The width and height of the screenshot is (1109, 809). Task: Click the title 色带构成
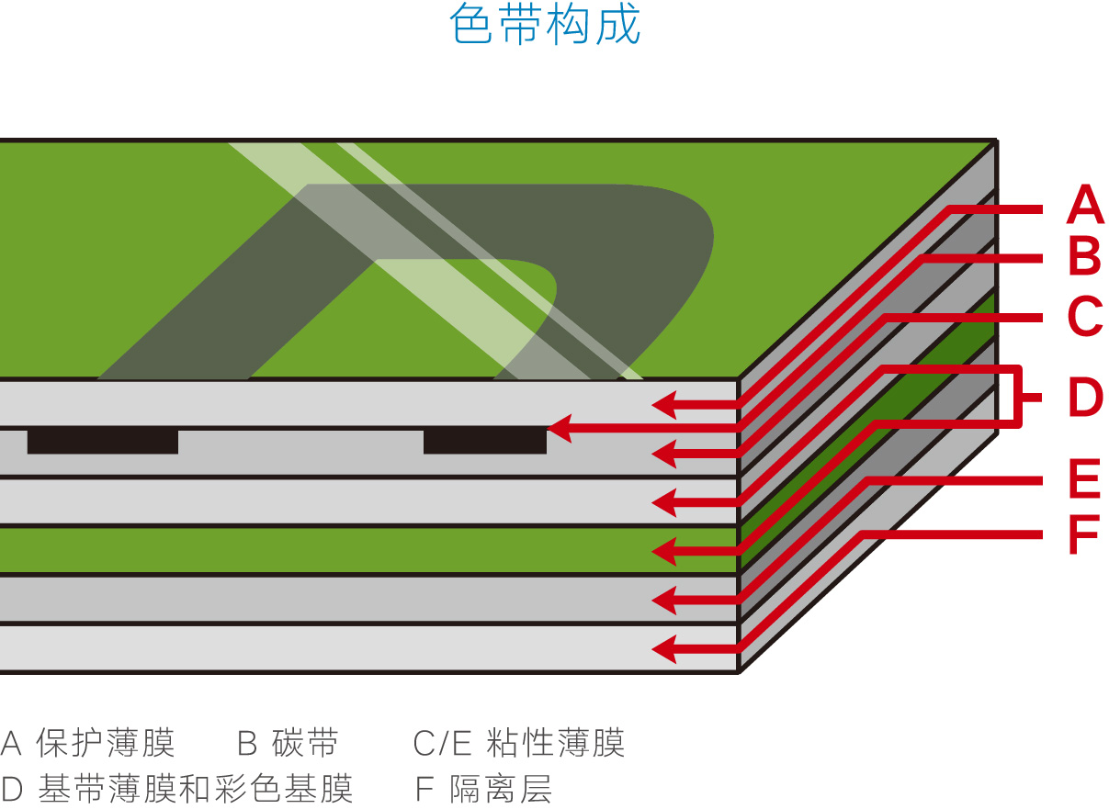(545, 25)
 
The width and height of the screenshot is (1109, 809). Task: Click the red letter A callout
(1084, 205)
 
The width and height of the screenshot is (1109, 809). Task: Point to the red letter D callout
(1084, 398)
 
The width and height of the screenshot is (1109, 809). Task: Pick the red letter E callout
(1084, 479)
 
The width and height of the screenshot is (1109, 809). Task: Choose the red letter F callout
(1084, 534)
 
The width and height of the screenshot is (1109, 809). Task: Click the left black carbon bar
(102, 441)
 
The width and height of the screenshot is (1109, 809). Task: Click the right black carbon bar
(484, 441)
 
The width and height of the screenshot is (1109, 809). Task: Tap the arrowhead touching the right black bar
(558, 428)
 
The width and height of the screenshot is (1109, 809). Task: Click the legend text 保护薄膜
(106, 743)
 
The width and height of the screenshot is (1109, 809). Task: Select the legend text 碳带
(305, 743)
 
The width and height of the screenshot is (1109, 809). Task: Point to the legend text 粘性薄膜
(555, 743)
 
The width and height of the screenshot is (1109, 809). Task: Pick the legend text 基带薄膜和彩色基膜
(196, 788)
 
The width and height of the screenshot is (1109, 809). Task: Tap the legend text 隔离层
(502, 788)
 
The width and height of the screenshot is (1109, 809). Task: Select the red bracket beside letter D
(1019, 398)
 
